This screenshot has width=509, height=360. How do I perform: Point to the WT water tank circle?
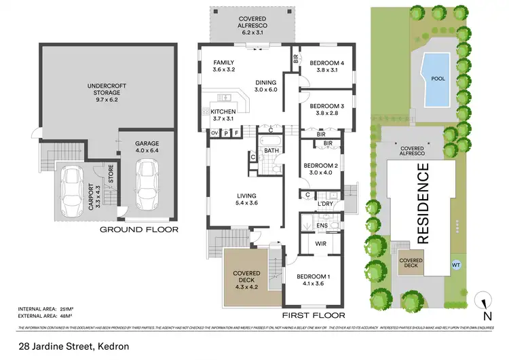[455, 264]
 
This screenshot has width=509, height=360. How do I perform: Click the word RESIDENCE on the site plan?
[422, 206]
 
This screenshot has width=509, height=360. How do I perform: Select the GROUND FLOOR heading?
[139, 230]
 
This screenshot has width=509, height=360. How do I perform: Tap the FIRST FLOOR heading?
[314, 315]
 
